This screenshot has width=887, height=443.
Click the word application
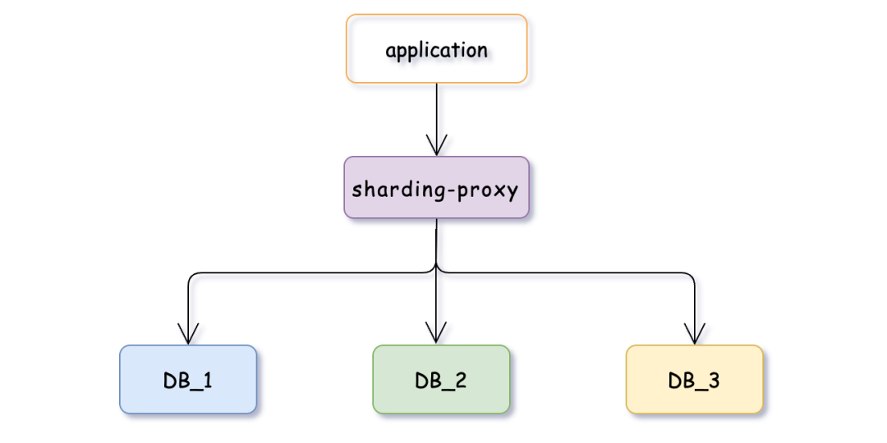tap(436, 50)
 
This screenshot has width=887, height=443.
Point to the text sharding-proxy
tap(435, 190)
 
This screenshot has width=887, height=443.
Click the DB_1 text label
tap(188, 381)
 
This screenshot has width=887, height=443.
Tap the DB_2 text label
tap(441, 381)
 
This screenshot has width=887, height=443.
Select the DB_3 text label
tap(695, 381)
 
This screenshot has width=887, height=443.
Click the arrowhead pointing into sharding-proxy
tap(436, 145)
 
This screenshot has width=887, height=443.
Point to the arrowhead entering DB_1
tap(188, 334)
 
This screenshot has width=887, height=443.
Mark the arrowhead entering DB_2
tap(436, 333)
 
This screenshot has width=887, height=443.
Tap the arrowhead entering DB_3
tap(695, 334)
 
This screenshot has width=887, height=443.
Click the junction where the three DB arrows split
tap(436, 270)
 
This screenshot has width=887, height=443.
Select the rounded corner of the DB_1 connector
tap(192, 275)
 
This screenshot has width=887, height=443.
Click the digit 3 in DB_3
tap(715, 381)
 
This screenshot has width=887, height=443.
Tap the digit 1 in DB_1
tap(208, 381)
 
